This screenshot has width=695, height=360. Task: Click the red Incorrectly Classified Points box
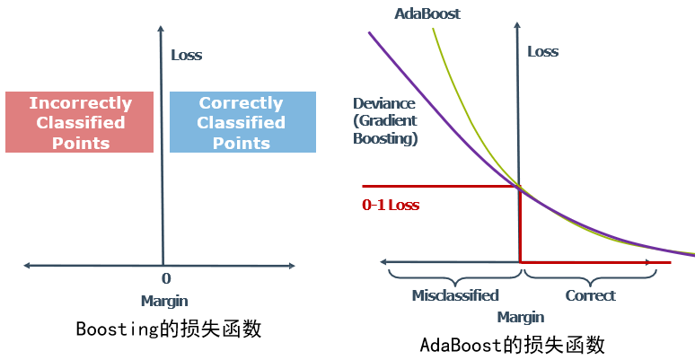[80, 122]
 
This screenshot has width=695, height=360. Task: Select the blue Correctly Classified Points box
[242, 122]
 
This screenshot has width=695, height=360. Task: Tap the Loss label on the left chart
[187, 55]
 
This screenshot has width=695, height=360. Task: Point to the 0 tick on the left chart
[166, 279]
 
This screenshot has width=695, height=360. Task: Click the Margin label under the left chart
[164, 301]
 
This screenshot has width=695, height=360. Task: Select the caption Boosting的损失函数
[168, 329]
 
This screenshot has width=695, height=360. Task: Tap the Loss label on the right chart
[542, 51]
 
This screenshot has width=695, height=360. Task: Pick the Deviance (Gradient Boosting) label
[385, 121]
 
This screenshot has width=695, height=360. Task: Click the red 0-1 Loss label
[391, 205]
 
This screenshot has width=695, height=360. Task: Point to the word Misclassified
[455, 295]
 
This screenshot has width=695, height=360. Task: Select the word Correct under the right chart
[591, 295]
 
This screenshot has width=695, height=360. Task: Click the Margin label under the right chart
[521, 317]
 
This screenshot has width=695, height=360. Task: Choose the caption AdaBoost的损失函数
[513, 345]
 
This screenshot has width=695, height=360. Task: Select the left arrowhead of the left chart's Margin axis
[28, 265]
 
